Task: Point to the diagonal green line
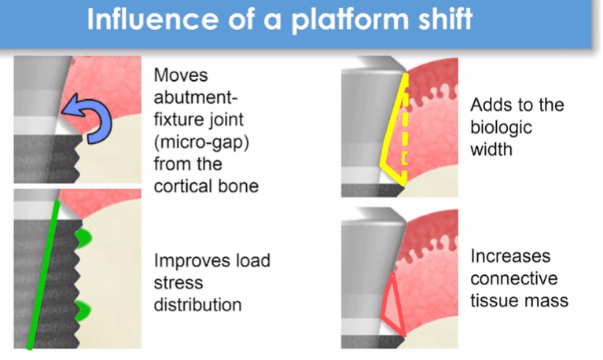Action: (43, 275)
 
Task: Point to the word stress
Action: (178, 282)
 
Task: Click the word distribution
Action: (197, 303)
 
